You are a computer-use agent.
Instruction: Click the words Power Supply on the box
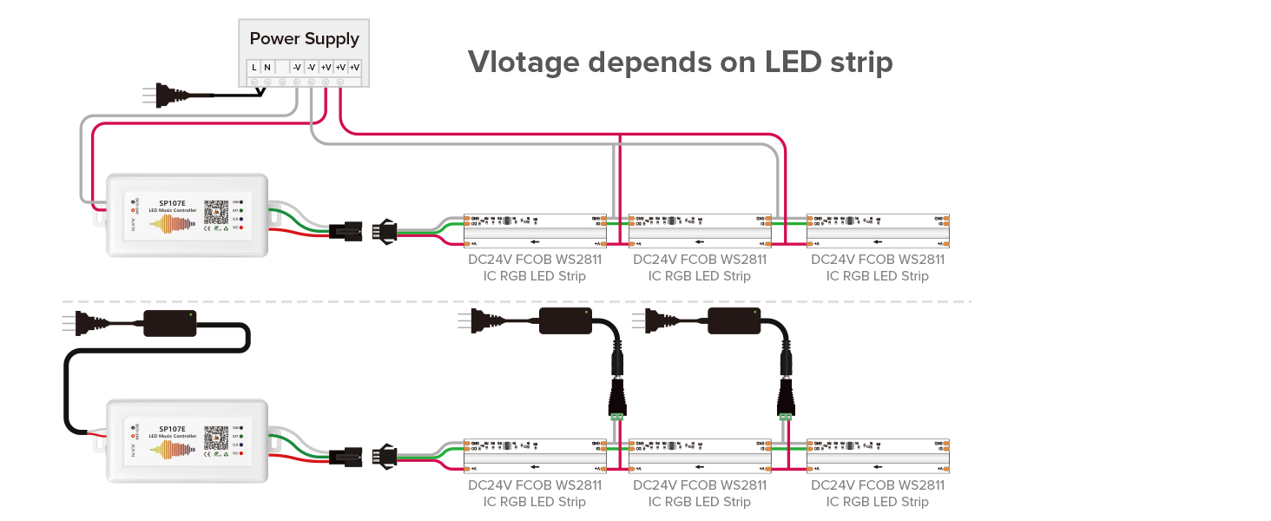tap(304, 39)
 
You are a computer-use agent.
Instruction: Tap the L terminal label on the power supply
tap(254, 67)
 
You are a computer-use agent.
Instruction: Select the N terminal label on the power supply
tap(267, 67)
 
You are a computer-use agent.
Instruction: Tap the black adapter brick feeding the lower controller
tap(169, 323)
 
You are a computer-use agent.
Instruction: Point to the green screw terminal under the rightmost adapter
tap(786, 418)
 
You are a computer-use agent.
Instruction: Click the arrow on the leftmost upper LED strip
tap(536, 242)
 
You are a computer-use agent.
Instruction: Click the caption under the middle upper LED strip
tap(700, 267)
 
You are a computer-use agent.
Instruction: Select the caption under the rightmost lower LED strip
tap(878, 493)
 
